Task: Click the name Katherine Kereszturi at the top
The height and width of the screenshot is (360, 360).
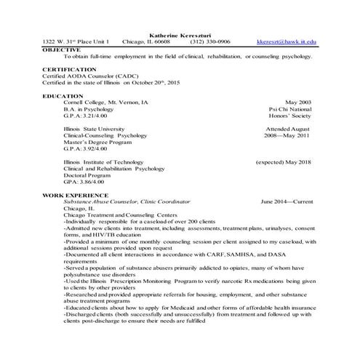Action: [x=180, y=35]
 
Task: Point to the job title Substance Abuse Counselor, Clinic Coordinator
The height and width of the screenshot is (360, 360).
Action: [x=127, y=201]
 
